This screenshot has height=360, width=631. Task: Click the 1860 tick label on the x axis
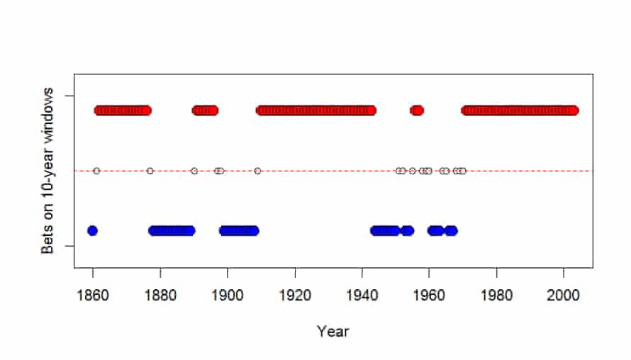(x=93, y=296)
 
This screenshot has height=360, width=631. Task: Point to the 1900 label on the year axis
(x=228, y=296)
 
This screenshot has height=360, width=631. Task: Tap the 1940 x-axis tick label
(x=362, y=296)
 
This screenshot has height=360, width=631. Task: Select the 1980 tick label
(x=496, y=296)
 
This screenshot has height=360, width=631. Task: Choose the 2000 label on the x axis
(x=564, y=296)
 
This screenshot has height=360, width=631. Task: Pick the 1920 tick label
(x=295, y=296)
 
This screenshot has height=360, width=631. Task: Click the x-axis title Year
(x=333, y=332)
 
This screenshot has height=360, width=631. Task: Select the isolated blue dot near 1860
(x=93, y=231)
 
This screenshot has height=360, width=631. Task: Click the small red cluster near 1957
(x=417, y=111)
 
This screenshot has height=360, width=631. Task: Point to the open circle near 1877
(x=150, y=171)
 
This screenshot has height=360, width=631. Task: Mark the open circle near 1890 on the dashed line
(x=194, y=171)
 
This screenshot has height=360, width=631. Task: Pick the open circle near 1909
(x=257, y=171)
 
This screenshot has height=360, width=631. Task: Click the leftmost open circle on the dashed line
(x=96, y=171)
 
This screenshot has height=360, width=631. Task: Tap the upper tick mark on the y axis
(x=69, y=96)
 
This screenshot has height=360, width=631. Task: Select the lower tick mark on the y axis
(x=69, y=246)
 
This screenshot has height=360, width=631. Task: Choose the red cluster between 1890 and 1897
(x=205, y=111)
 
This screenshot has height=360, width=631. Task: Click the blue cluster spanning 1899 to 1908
(x=239, y=231)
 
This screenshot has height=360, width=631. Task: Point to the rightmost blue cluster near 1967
(x=451, y=231)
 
